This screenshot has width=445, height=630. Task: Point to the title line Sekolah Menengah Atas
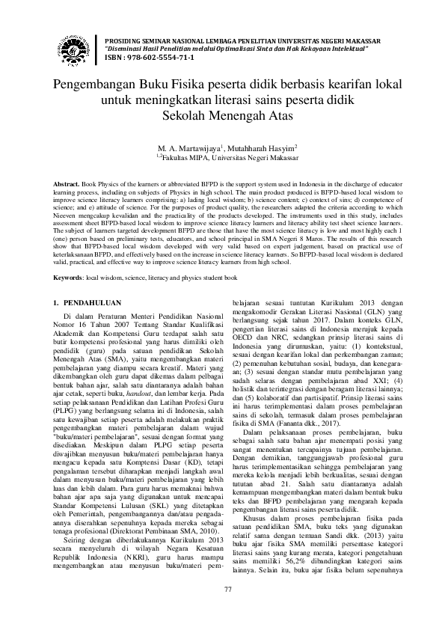coord(222,115)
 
